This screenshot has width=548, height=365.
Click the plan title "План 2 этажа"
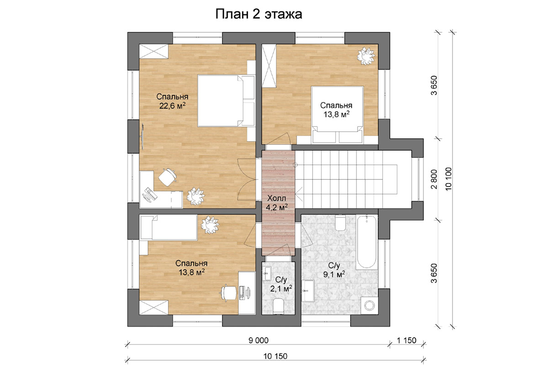click(258, 15)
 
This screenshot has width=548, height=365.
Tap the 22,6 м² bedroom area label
click(172, 101)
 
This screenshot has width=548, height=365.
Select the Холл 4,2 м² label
click(276, 203)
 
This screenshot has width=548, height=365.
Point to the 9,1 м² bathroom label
click(334, 270)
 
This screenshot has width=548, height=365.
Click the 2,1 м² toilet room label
click(281, 284)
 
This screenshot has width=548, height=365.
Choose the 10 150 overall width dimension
click(275, 356)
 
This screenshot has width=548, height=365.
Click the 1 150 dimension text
click(406, 340)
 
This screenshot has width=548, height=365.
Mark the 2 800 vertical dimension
click(434, 179)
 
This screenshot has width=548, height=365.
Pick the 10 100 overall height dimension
click(448, 179)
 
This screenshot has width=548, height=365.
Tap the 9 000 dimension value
click(258, 340)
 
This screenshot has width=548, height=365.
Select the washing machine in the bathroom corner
click(369, 305)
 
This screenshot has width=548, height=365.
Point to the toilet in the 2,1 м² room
click(278, 306)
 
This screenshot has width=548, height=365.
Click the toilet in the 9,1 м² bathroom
click(340, 223)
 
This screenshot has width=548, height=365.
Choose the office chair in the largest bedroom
click(167, 177)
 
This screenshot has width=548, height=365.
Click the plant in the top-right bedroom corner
click(366, 56)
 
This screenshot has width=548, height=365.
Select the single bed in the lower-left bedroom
click(169, 227)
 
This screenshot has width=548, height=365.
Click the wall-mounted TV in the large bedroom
click(142, 136)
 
